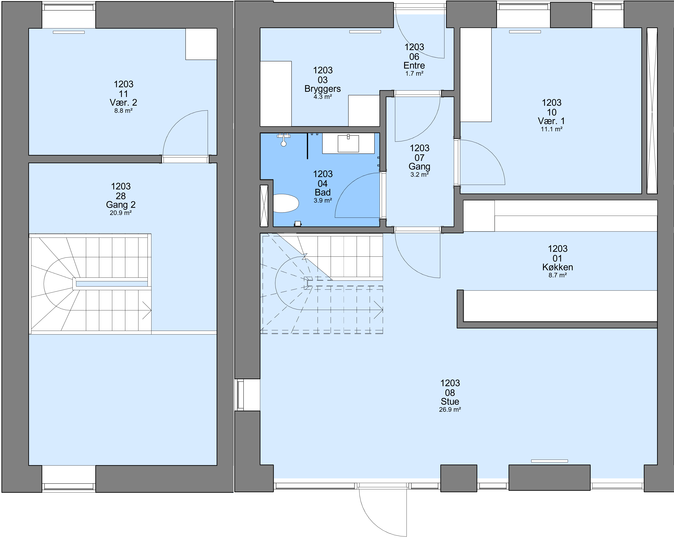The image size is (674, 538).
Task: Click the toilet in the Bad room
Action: click(x=286, y=203)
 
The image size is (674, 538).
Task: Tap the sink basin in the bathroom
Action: click(x=348, y=144)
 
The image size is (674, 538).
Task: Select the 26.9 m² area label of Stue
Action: click(x=450, y=409)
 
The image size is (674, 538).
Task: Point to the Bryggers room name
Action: click(x=323, y=89)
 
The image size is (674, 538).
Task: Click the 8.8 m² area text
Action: click(x=124, y=111)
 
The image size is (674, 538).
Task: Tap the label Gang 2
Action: click(x=121, y=205)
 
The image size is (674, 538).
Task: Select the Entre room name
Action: click(x=414, y=66)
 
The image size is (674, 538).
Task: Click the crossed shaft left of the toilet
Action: click(x=264, y=206)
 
